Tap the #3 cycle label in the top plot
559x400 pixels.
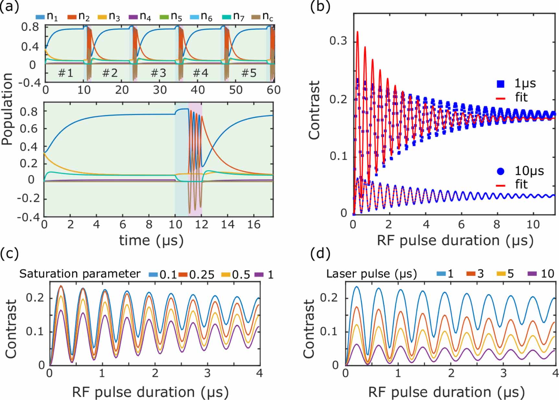158,73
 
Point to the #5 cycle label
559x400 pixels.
249,73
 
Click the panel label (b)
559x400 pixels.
320,6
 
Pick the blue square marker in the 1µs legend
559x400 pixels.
501,84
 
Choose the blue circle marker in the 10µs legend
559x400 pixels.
501,171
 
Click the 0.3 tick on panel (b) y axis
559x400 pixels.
338,41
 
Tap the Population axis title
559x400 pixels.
7,109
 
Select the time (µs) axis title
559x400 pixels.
151,241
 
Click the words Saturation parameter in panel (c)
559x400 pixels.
79,274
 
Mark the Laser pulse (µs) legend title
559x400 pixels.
371,274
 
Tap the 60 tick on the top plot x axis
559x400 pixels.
273,90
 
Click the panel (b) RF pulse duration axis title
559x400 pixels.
455,241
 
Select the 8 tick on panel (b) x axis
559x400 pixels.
496,224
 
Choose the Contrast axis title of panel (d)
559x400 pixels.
309,328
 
